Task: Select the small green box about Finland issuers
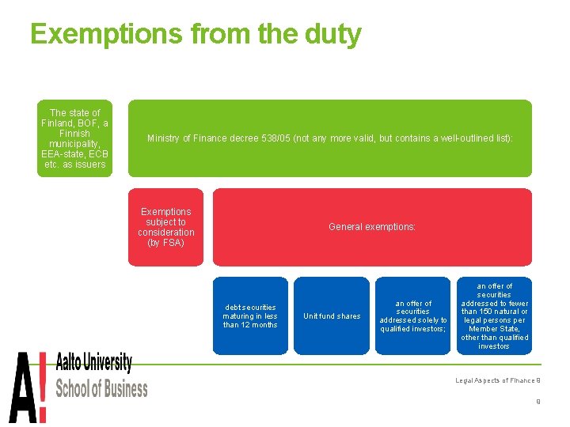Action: click(75, 138)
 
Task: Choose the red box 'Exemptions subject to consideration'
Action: click(165, 227)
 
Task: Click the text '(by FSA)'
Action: click(165, 243)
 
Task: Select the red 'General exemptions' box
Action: click(372, 227)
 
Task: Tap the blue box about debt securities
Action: click(250, 316)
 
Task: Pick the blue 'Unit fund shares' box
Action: click(332, 316)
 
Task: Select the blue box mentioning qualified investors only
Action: click(413, 316)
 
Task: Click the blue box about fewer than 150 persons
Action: click(494, 316)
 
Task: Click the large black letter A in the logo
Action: click(21, 388)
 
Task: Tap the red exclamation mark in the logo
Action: click(42, 388)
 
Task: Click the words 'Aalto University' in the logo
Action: click(93, 365)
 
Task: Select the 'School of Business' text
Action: click(101, 388)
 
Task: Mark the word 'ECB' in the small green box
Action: click(94, 154)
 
